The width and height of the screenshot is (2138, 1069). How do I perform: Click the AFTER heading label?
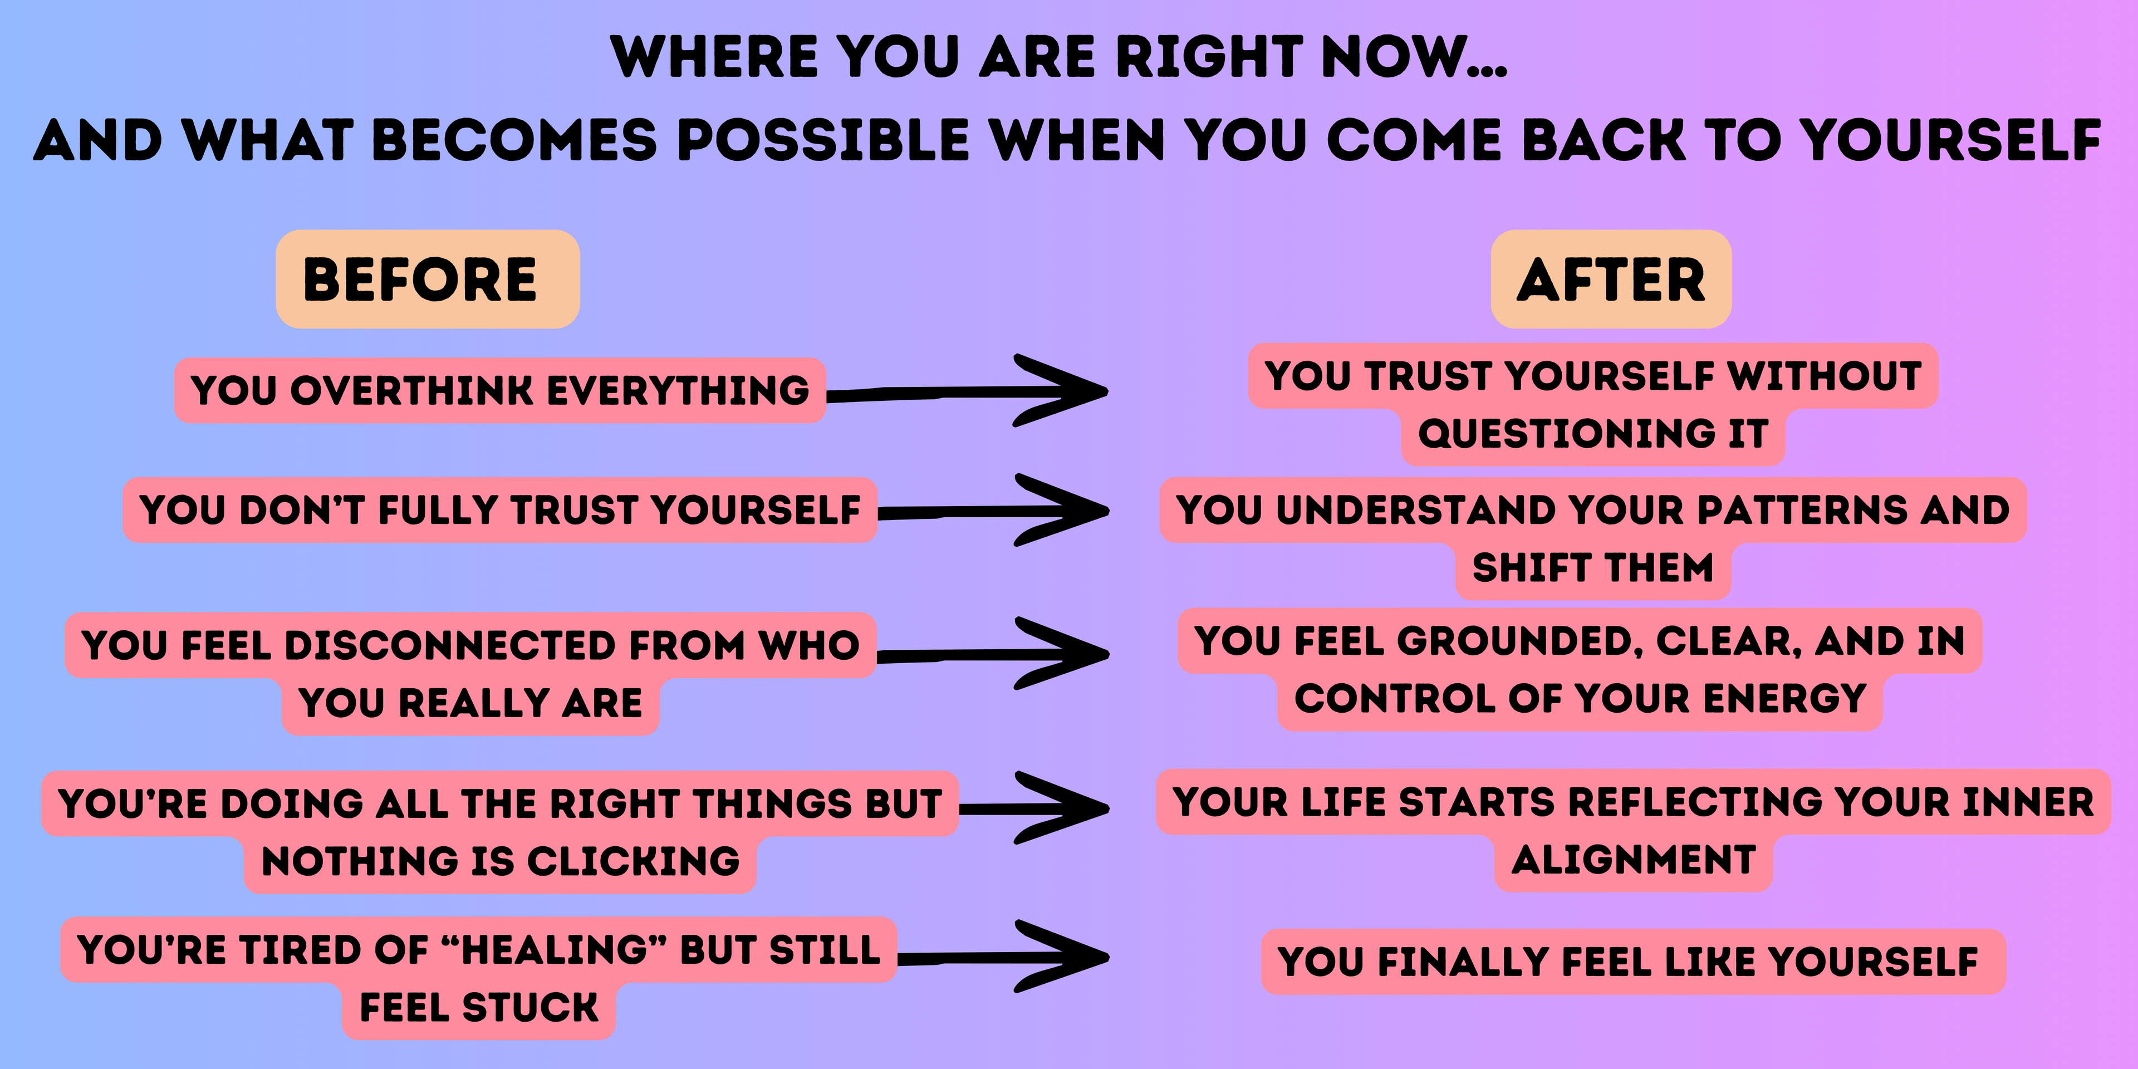[1611, 279]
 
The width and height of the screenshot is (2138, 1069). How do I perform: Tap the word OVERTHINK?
[411, 390]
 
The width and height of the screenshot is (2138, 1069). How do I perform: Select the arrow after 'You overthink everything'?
[967, 390]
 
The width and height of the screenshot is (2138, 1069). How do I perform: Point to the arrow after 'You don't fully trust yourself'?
[993, 509]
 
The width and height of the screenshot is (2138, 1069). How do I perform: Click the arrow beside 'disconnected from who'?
[993, 653]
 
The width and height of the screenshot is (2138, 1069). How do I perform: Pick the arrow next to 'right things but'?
[1034, 807]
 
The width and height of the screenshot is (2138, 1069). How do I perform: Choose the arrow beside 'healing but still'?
[1003, 956]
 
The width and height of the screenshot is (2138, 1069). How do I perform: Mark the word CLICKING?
[633, 861]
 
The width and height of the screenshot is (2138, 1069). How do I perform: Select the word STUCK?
[529, 1008]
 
